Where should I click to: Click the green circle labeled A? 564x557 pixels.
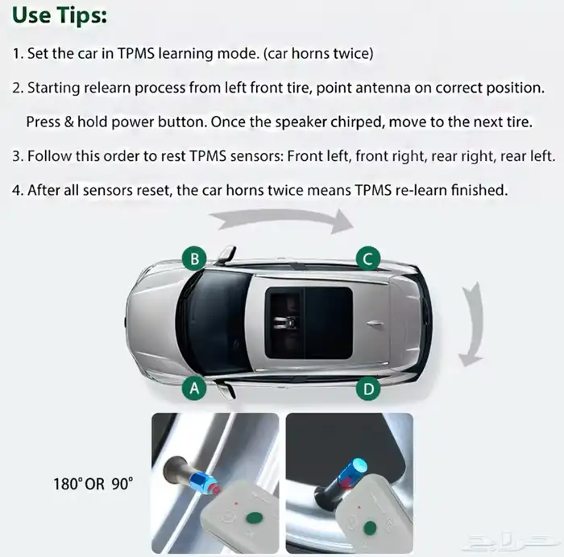(x=194, y=388)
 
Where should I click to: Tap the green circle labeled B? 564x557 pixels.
(x=194, y=258)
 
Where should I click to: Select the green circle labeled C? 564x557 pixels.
(x=368, y=258)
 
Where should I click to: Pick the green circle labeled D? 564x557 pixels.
(x=368, y=389)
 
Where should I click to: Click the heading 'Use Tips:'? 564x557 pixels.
(x=60, y=16)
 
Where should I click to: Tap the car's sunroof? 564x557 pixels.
(x=309, y=323)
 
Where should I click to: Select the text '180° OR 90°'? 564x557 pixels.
(x=93, y=484)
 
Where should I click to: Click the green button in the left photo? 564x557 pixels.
(x=255, y=518)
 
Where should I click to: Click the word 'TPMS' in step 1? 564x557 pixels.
(x=136, y=54)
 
